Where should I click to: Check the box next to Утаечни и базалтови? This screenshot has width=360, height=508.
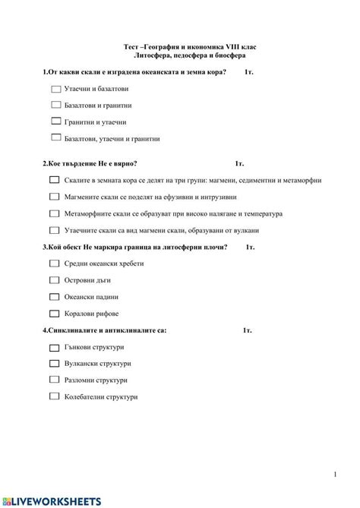pyautogui.click(x=56, y=89)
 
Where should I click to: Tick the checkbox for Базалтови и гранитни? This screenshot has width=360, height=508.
pyautogui.click(x=56, y=106)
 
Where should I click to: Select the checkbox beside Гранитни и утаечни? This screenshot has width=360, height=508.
pyautogui.click(x=56, y=121)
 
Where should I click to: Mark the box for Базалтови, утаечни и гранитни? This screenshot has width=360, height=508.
pyautogui.click(x=56, y=138)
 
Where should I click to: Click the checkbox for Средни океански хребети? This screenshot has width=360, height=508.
pyautogui.click(x=54, y=263)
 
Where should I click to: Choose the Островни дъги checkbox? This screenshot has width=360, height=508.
pyautogui.click(x=54, y=280)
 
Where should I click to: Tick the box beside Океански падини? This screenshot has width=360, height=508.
pyautogui.click(x=54, y=297)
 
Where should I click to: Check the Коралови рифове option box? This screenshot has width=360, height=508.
pyautogui.click(x=54, y=313)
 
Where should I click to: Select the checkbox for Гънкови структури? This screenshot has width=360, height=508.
pyautogui.click(x=54, y=347)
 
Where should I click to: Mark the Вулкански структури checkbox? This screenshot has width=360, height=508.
pyautogui.click(x=54, y=363)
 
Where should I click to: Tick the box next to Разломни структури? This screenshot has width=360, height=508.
pyautogui.click(x=54, y=380)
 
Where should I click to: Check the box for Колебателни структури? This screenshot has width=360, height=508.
pyautogui.click(x=54, y=396)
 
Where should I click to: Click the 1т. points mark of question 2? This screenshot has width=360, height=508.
pyautogui.click(x=239, y=163)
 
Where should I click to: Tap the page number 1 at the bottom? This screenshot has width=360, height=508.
pyautogui.click(x=334, y=475)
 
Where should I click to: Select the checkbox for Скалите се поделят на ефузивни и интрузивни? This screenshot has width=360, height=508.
pyautogui.click(x=54, y=197)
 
